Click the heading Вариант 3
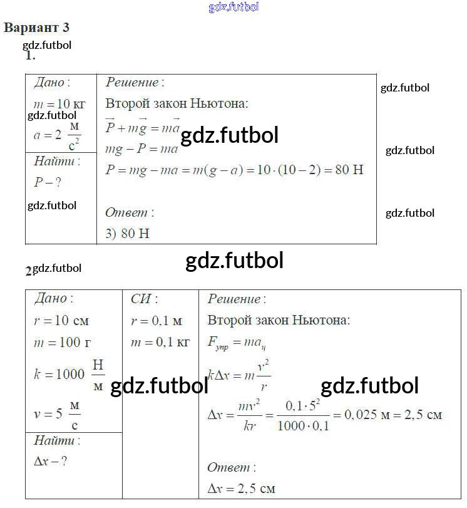(x=36, y=28)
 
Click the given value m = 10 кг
(x=59, y=105)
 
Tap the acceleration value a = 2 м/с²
(x=57, y=135)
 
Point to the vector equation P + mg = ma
(x=143, y=128)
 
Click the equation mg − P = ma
(x=142, y=149)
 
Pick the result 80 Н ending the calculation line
(x=349, y=170)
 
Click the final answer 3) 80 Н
(x=128, y=234)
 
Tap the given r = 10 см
(x=61, y=321)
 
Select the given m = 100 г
(x=61, y=343)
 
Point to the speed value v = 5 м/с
(x=57, y=413)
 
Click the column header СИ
(x=144, y=299)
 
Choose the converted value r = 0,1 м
(x=157, y=321)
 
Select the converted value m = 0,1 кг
(x=160, y=343)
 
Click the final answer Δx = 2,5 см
(x=241, y=489)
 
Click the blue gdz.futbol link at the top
(x=233, y=8)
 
